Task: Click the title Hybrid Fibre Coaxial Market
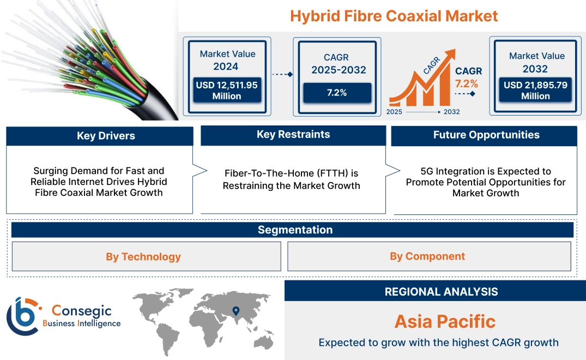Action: [x=394, y=16]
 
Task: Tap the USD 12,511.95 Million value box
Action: [x=226, y=91]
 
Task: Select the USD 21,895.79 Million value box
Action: [x=535, y=91]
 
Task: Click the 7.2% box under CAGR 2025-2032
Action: [x=336, y=93]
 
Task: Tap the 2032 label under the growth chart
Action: [x=451, y=112]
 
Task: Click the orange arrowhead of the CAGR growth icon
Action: [x=450, y=55]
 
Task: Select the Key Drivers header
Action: [x=106, y=136]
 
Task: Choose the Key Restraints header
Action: [x=293, y=135]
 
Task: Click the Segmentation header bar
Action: [x=295, y=230]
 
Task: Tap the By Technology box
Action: [x=143, y=256]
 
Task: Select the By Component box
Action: [x=427, y=256]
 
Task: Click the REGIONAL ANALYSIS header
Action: [x=441, y=292]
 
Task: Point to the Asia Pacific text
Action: [x=445, y=321]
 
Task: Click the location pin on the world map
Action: [x=235, y=311]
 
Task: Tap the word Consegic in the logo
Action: [x=81, y=311]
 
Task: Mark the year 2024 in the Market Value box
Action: [x=226, y=67]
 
